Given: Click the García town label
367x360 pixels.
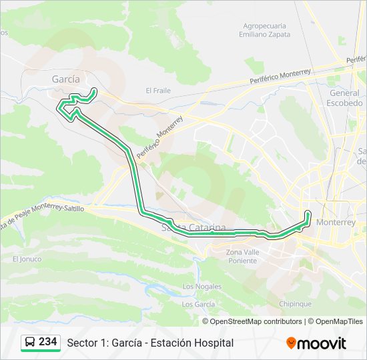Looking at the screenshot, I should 65,79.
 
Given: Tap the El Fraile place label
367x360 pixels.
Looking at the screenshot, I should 158,91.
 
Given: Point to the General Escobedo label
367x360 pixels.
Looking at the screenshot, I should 345,98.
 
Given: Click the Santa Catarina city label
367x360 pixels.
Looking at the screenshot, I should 194,228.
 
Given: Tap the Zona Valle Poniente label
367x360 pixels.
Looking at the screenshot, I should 241,256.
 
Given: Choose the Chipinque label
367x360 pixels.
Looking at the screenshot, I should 295,303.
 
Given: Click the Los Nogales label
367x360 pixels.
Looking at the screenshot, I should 202,287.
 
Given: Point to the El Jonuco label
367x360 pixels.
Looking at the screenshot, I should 27,259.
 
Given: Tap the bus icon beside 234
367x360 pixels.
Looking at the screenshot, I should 31,342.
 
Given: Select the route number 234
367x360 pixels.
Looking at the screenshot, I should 48,342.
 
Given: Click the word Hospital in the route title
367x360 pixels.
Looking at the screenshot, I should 213,343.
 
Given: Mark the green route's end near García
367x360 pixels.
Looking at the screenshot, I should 94,90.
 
